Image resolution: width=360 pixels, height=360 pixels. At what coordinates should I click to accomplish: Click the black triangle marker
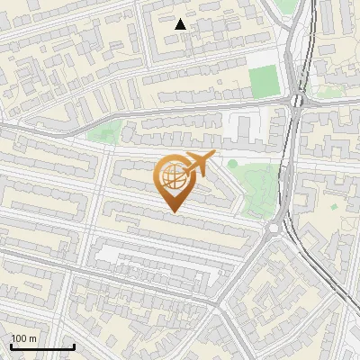tap(181, 24)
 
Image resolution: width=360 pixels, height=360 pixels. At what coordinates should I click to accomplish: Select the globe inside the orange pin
tap(174, 177)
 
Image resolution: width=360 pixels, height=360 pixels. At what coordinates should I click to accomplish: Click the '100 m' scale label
tap(24, 338)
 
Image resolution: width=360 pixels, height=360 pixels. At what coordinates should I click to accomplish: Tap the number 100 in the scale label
tap(20, 338)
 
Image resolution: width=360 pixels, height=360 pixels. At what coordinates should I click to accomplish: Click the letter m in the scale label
tap(33, 338)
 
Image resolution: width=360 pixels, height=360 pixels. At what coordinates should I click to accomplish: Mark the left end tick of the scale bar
tap(11, 346)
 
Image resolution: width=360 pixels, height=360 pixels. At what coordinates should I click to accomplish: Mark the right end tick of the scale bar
tap(74, 346)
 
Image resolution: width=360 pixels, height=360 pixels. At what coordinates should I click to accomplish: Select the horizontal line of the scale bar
tap(42, 347)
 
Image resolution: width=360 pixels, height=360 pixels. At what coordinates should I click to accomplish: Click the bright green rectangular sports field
tap(264, 81)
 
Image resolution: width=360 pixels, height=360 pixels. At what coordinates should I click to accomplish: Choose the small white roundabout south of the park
tap(272, 229)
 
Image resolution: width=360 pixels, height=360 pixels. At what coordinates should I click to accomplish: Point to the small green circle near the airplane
tap(232, 164)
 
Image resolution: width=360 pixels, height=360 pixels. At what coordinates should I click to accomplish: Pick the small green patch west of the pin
tap(105, 135)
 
